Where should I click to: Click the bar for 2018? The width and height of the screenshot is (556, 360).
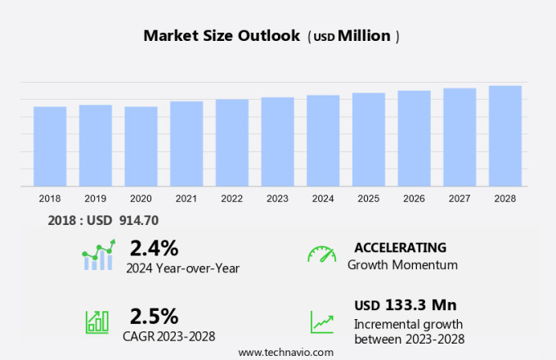pyautogui.click(x=50, y=146)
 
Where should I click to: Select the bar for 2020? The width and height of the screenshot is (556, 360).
pyautogui.click(x=141, y=146)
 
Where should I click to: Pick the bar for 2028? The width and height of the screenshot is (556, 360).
pyautogui.click(x=505, y=136)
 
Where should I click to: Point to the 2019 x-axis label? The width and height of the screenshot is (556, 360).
pyautogui.click(x=95, y=198)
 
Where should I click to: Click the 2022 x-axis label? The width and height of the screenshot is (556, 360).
pyautogui.click(x=231, y=198)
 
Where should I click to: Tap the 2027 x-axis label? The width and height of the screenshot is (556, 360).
pyautogui.click(x=460, y=198)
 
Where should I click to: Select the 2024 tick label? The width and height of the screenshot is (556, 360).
pyautogui.click(x=323, y=198)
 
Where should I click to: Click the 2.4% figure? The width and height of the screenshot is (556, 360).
pyautogui.click(x=154, y=247)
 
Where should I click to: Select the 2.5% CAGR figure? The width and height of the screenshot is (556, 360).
pyautogui.click(x=154, y=316)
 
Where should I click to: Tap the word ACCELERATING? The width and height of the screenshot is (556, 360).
pyautogui.click(x=400, y=247)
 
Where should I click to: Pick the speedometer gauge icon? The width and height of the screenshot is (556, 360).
pyautogui.click(x=321, y=254)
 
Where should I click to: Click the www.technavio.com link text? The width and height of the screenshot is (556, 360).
pyautogui.click(x=285, y=352)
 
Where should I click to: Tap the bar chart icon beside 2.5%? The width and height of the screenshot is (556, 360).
pyautogui.click(x=97, y=321)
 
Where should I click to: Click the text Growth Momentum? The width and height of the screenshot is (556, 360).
pyautogui.click(x=402, y=264)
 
